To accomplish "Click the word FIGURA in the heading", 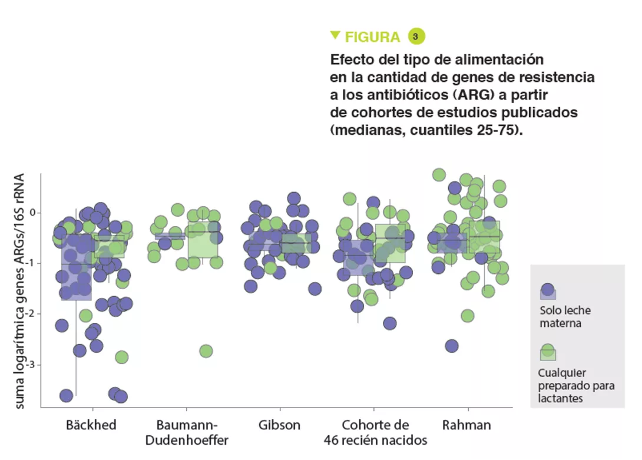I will (x=372, y=37).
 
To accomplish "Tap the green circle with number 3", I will (x=416, y=37).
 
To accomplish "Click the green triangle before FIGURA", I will (x=335, y=35).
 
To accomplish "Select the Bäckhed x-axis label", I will (x=91, y=425).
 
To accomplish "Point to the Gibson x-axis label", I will (x=279, y=425).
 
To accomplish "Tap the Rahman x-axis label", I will (x=466, y=425).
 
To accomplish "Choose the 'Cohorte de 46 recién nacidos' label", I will (x=375, y=432).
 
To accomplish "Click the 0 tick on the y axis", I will (x=33, y=212).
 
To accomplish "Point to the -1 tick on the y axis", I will (x=31, y=263).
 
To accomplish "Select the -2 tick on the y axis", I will (x=31, y=314).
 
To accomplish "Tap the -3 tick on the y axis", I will (x=31, y=365).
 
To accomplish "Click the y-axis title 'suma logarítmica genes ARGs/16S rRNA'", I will (x=19, y=291).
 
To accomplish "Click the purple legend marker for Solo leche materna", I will (x=548, y=290).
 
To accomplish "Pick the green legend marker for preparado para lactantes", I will (x=548, y=352).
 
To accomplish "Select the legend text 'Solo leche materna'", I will (x=565, y=316).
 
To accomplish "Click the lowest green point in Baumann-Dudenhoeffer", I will (x=206, y=351).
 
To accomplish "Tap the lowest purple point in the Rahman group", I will (x=452, y=346).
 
